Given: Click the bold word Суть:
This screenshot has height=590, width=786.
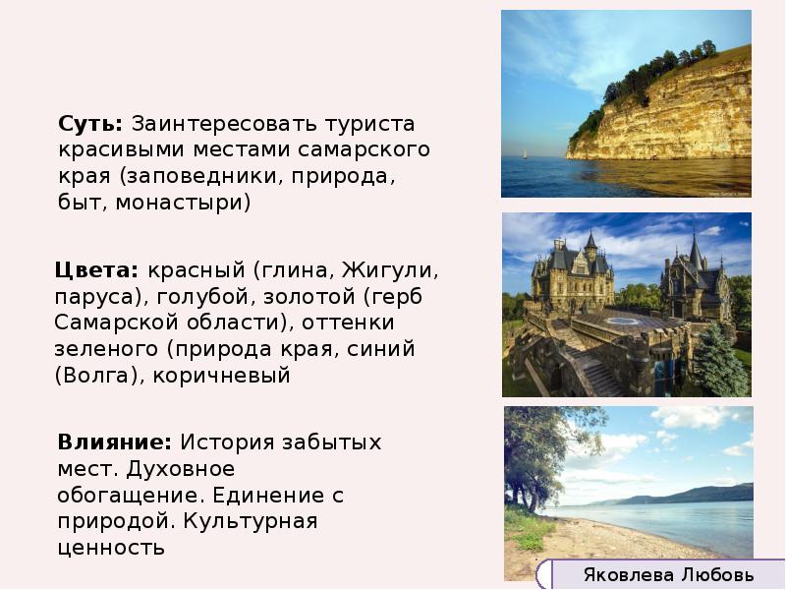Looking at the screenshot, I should (90, 125).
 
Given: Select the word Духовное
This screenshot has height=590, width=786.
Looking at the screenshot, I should (187, 469).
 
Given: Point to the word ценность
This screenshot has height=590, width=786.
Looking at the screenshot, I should (110, 548).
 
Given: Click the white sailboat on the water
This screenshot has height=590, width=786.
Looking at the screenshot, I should (525, 153).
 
